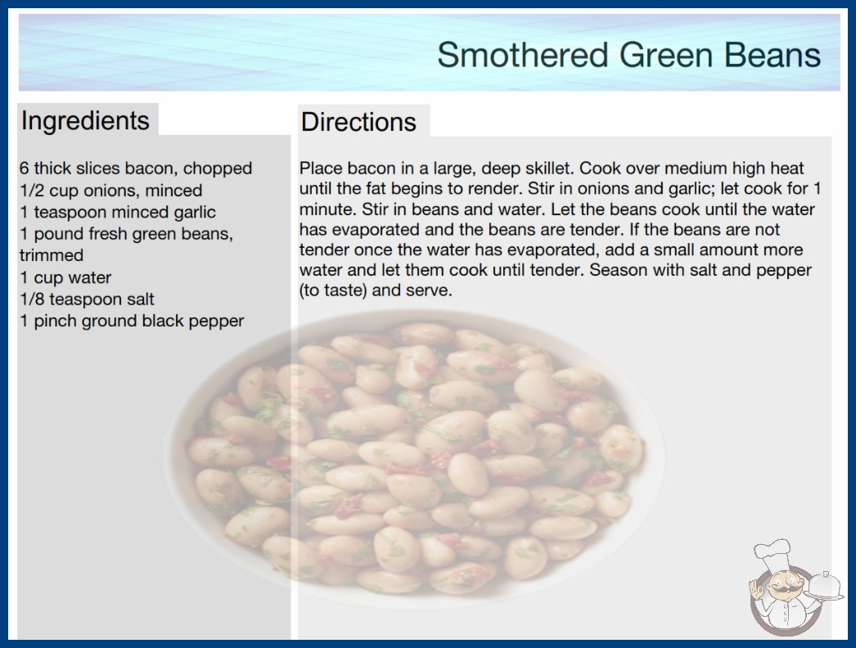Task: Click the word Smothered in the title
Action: (522, 55)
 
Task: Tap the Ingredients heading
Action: (85, 121)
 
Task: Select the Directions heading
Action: (358, 122)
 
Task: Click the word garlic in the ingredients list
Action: (195, 213)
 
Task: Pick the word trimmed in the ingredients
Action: (52, 255)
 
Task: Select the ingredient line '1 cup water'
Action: (65, 277)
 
